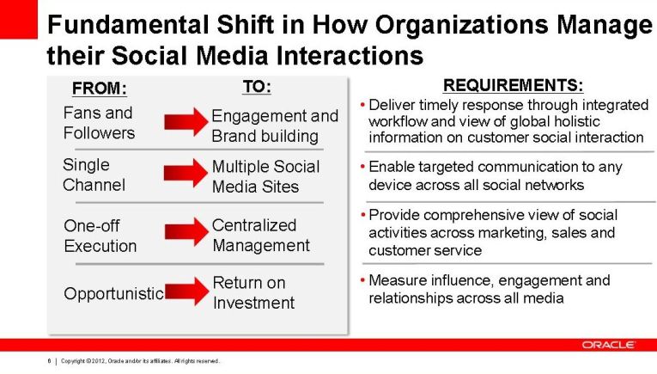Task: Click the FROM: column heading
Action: point(100,89)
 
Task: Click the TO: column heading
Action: point(257,87)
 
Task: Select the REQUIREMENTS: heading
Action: point(513,85)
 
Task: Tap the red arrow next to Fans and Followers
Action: point(186,121)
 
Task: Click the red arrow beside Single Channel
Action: point(186,172)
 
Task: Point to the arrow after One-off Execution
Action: point(186,231)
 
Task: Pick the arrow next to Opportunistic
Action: point(187,291)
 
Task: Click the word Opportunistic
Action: point(113,294)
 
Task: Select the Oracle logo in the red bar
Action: point(608,345)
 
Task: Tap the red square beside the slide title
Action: point(18,19)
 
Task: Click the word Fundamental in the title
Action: point(128,25)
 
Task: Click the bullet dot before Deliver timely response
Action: point(363,105)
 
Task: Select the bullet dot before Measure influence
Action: point(363,280)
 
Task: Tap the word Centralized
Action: point(254,225)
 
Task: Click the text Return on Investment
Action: point(253,292)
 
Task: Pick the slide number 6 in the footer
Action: point(50,360)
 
